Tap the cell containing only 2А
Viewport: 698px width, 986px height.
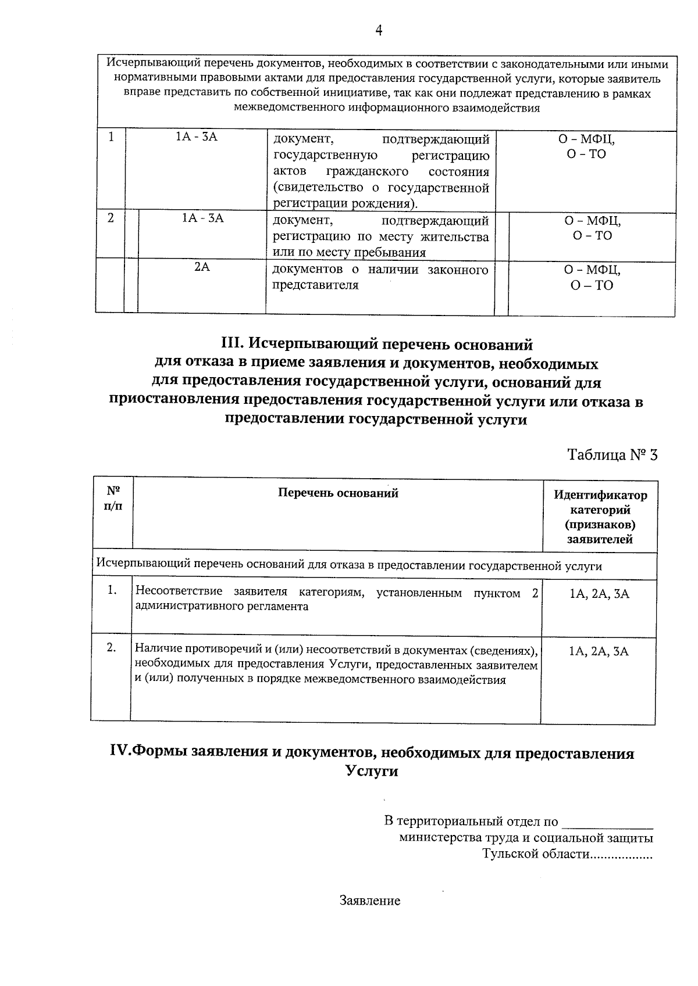coord(202,267)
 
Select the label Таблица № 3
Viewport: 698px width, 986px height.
coord(612,454)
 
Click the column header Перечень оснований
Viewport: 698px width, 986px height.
coord(338,493)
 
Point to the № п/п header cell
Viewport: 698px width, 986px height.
coord(113,498)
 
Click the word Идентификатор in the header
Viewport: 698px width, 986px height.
coord(600,496)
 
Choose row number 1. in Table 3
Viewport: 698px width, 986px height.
coord(112,590)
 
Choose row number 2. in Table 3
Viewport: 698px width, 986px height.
coord(112,647)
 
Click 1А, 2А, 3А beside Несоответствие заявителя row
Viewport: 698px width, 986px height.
coord(599,594)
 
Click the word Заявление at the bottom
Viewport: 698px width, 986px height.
coord(370,901)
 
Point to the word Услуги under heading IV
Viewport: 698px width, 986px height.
coord(372,772)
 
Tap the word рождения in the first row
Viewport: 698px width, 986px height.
coord(382,203)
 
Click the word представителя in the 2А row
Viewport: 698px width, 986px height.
coord(315,285)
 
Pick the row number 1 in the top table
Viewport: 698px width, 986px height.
coord(111,137)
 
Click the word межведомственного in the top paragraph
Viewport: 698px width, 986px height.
coord(280,108)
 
